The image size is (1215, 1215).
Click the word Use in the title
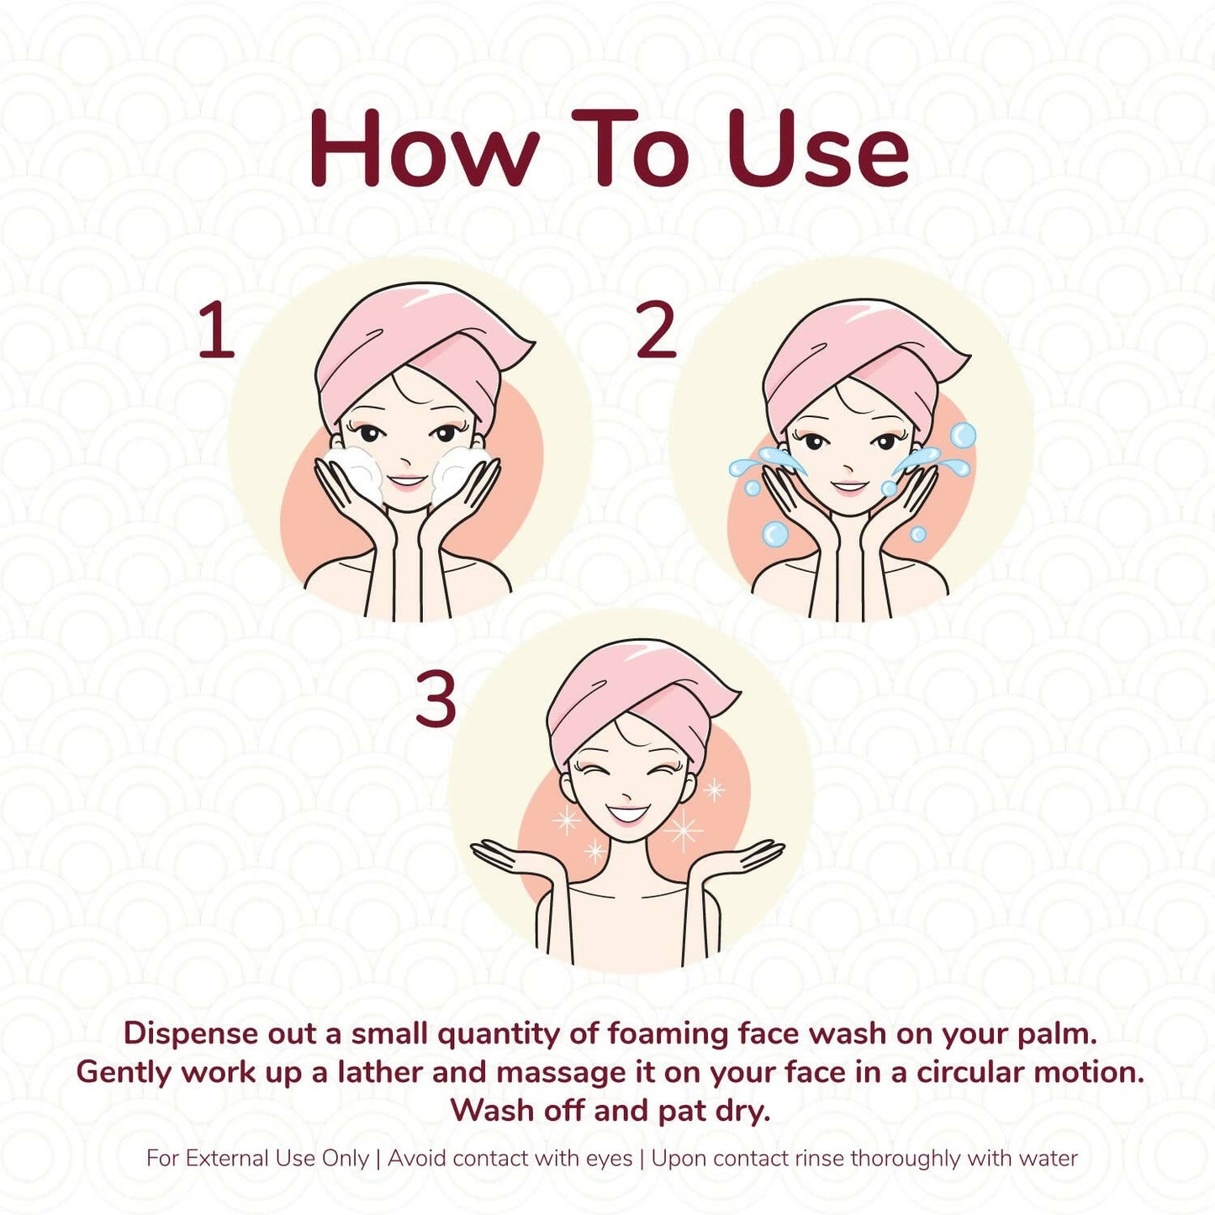click(x=818, y=148)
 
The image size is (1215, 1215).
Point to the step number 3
click(x=436, y=697)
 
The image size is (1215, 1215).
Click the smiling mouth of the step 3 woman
click(x=625, y=814)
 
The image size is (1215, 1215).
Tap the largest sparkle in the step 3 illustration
click(x=684, y=831)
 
